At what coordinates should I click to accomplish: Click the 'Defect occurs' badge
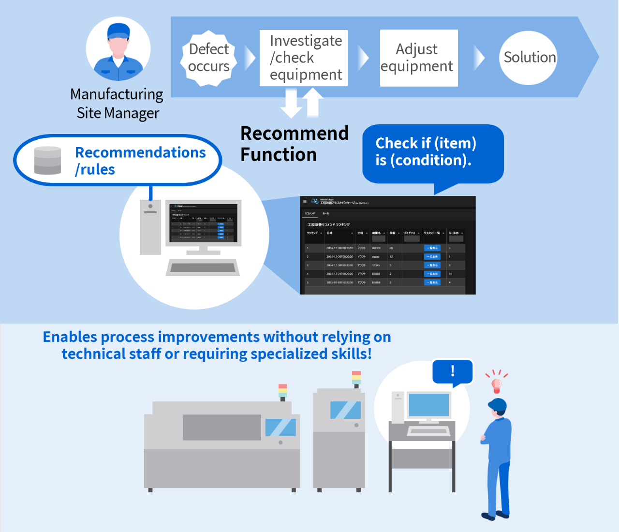pos(209,58)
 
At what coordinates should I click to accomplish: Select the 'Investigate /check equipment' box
pos(304,58)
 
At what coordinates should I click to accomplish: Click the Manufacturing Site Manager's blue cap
pos(118,30)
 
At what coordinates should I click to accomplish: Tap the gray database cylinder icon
pos(48,160)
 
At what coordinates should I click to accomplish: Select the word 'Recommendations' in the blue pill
pos(140,152)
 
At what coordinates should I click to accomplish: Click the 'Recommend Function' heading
pos(294,144)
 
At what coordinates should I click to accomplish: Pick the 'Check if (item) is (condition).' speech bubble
pos(432,153)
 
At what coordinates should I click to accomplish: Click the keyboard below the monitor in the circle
pos(203,267)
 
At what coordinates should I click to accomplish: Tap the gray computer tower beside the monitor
pos(150,227)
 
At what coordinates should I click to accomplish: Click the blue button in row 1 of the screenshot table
pos(432,248)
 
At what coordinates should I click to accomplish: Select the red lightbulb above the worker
pos(496,385)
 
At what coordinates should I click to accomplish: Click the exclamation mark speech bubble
pos(453,371)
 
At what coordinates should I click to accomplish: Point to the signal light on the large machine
pos(283,391)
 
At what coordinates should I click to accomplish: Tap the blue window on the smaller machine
pos(345,410)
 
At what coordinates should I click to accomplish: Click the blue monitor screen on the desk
pos(428,405)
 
